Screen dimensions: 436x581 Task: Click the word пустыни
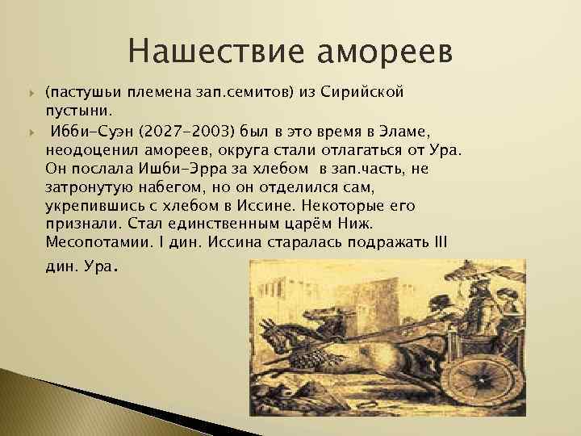coord(77,108)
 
